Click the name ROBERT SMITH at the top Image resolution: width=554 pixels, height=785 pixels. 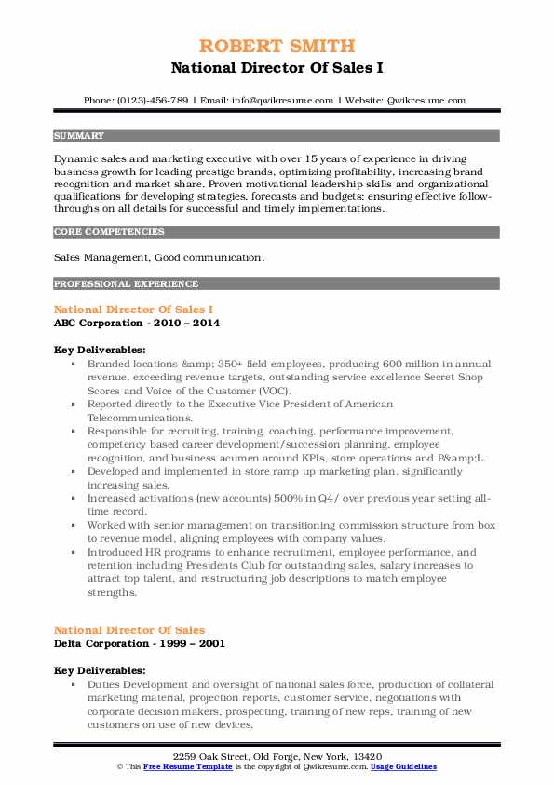[277, 46]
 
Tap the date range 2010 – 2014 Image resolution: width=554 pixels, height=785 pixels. [190, 323]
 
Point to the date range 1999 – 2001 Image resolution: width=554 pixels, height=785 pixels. [195, 643]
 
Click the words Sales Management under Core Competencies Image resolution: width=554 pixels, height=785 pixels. [96, 257]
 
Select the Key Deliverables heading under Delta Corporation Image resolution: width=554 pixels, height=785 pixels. [99, 670]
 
